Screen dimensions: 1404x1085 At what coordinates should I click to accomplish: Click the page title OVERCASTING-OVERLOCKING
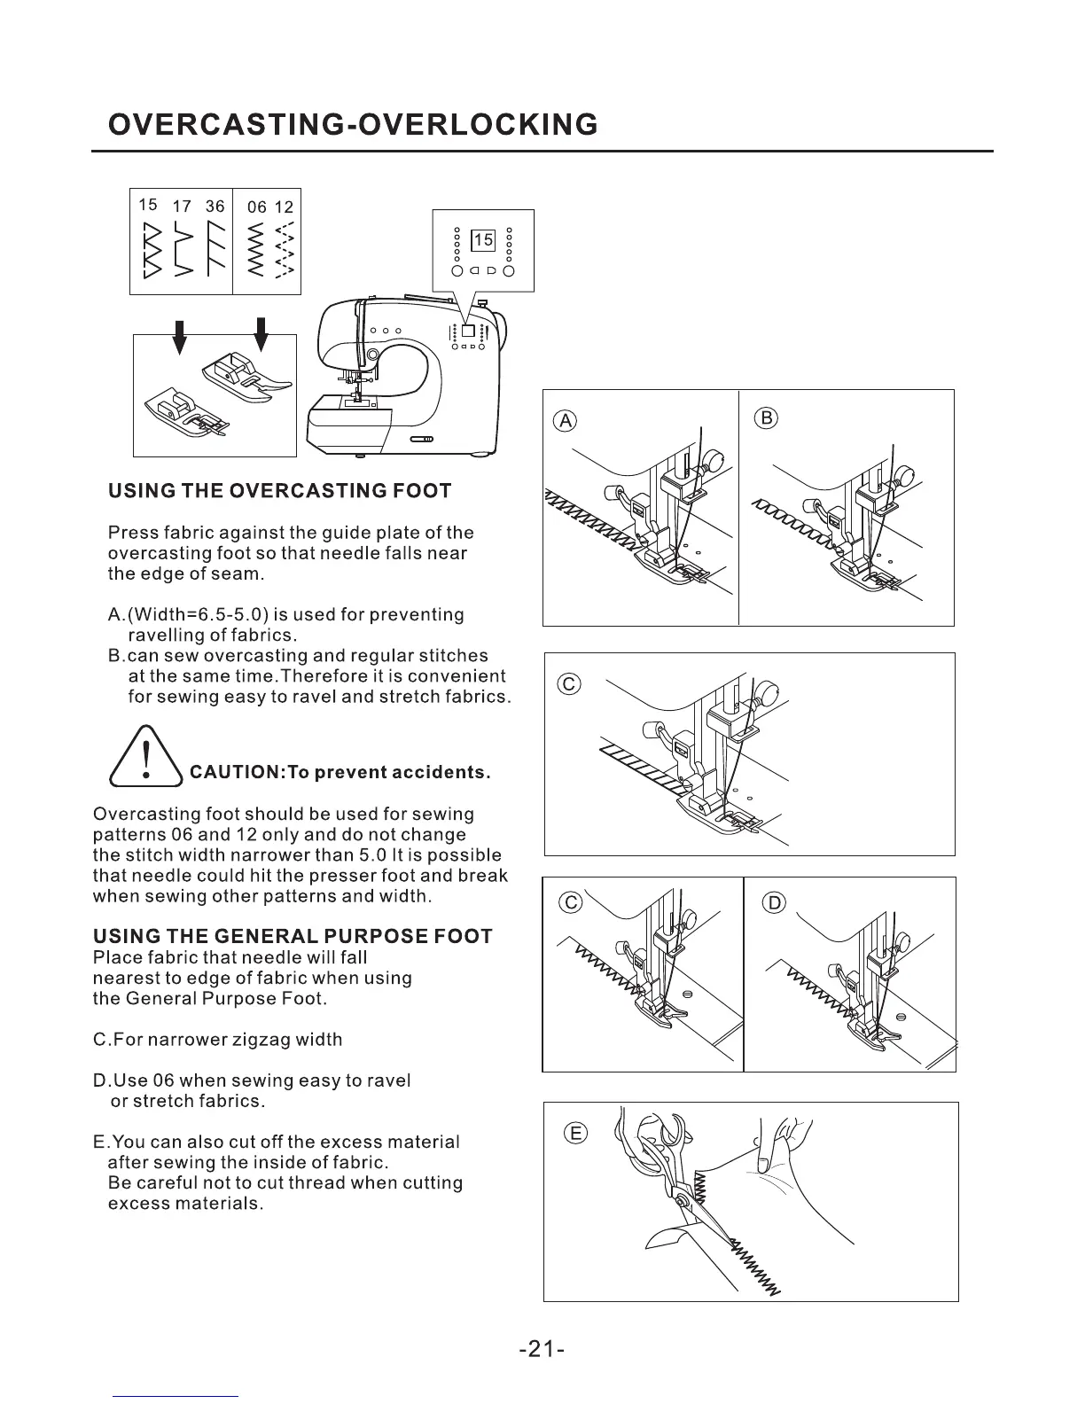[352, 125]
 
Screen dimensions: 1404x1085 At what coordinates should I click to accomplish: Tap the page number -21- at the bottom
[542, 1349]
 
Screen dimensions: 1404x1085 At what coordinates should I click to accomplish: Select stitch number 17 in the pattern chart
[182, 207]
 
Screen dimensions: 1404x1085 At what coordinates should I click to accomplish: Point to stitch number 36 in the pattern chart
[215, 207]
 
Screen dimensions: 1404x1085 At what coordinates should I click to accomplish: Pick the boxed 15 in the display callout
[483, 240]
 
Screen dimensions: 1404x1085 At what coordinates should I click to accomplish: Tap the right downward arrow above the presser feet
[261, 335]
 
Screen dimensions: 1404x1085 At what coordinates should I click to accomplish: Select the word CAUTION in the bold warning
[232, 772]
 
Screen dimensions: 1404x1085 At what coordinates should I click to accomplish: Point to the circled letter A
[565, 421]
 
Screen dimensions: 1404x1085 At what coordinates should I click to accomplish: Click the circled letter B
[767, 417]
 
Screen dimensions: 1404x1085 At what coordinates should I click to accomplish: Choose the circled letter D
[774, 903]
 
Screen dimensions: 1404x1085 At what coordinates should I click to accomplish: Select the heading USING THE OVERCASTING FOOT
[279, 491]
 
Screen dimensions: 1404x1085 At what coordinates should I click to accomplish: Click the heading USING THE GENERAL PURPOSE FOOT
[293, 937]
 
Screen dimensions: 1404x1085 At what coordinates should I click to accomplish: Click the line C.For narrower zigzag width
[217, 1039]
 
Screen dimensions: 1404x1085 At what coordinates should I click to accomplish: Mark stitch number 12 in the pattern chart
[284, 207]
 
